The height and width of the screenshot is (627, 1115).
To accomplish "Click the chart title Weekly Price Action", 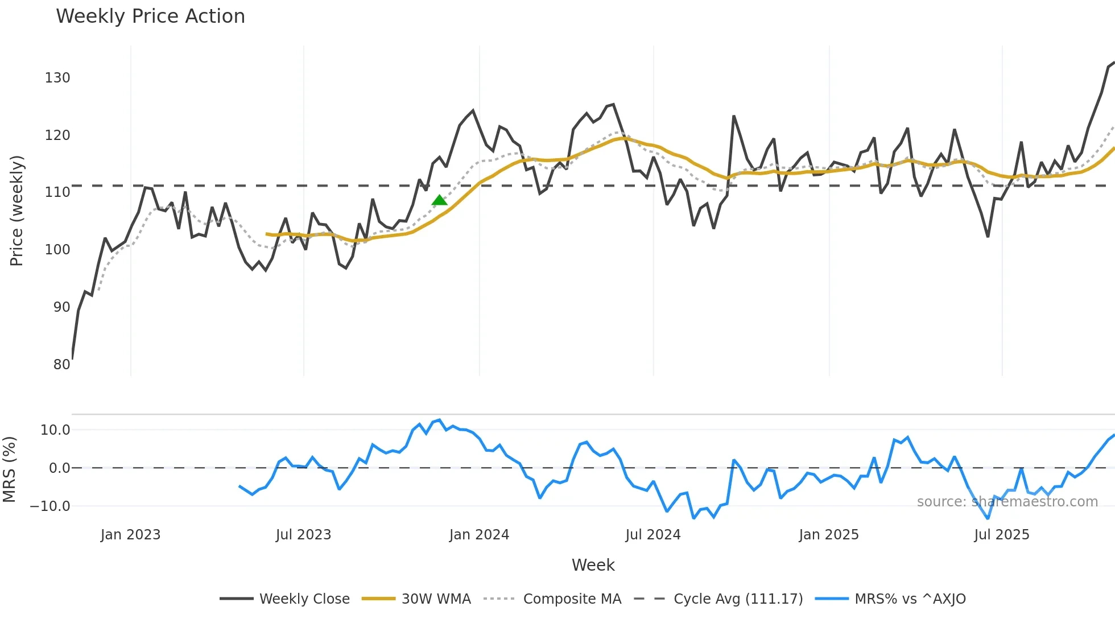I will point(150,16).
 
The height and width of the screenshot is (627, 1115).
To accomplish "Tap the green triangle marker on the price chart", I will point(439,200).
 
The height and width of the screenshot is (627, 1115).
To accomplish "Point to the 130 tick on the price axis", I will point(57,78).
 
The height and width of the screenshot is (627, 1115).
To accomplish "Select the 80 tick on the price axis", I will point(61,364).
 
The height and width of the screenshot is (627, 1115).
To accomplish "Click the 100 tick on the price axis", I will point(57,250).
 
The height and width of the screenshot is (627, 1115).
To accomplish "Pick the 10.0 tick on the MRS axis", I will point(55,430).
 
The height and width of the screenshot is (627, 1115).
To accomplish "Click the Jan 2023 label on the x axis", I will point(130,535).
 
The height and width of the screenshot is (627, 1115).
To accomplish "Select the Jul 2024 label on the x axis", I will point(653,535).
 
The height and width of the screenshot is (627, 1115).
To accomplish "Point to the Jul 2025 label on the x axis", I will point(1001,535).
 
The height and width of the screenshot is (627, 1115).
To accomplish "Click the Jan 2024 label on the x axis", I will point(479,535).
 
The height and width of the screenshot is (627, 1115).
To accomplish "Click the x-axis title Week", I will point(593,565).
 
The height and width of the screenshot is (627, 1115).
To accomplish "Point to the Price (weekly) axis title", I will point(16,211).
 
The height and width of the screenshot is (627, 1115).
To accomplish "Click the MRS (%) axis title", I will point(9,469).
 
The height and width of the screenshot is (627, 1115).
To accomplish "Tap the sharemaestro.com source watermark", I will point(1007,502).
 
